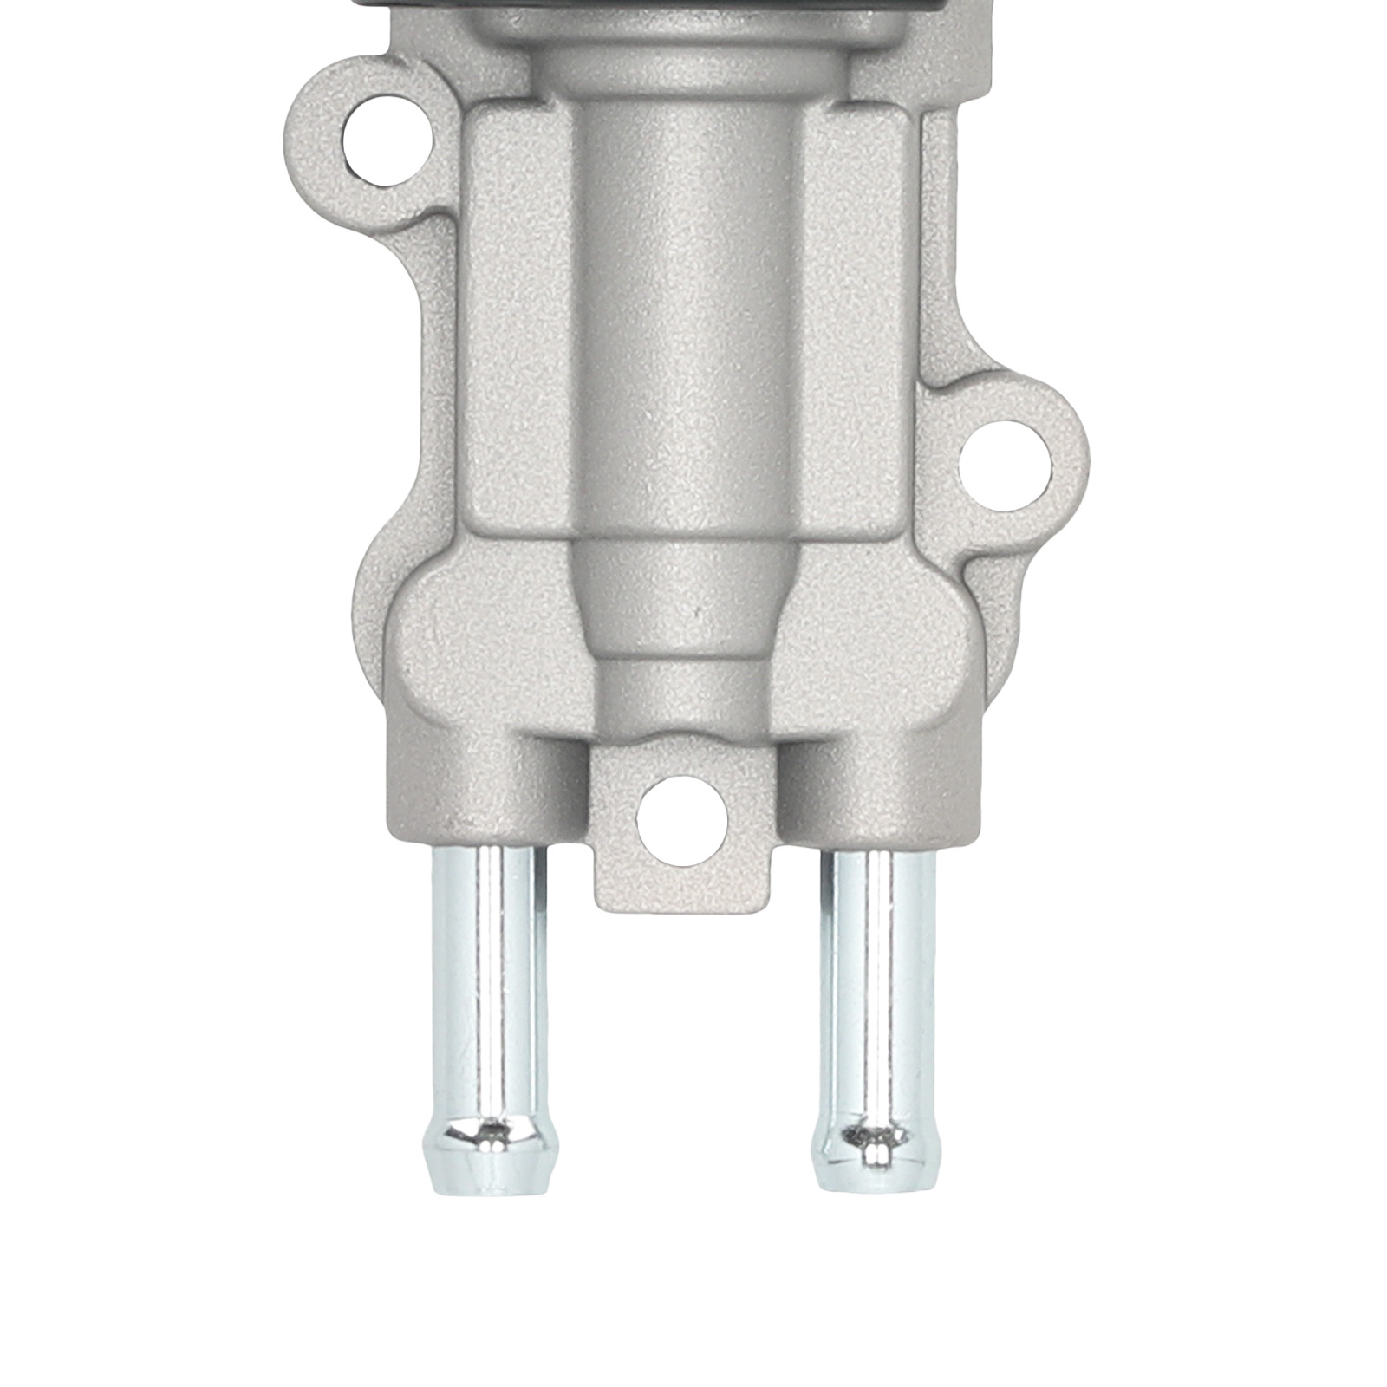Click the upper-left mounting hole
tap(387, 137)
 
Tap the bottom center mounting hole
tap(682, 817)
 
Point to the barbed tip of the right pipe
tap(877, 1153)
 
